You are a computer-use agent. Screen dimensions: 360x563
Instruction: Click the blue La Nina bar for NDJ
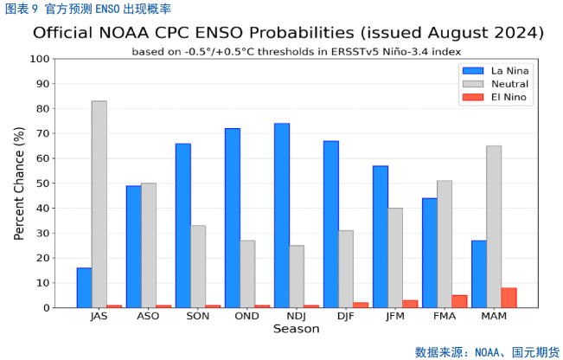[x=282, y=215]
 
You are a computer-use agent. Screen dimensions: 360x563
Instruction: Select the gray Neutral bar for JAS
[x=99, y=204]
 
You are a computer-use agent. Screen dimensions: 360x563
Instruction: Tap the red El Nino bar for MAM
[x=509, y=298]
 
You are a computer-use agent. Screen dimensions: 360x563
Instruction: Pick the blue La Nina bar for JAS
[x=84, y=287]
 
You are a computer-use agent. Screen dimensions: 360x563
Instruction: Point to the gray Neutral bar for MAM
[x=494, y=227]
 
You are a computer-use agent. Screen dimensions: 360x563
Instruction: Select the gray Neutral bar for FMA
[x=445, y=244]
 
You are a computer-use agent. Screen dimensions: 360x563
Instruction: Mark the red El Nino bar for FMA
[x=459, y=301]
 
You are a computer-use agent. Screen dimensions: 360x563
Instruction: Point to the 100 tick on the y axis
[x=40, y=59]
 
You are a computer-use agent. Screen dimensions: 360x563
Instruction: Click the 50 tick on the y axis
[x=42, y=183]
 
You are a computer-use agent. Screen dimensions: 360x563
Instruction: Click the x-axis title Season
[x=296, y=329]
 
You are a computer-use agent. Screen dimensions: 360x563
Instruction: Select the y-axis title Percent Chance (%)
[x=19, y=183]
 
